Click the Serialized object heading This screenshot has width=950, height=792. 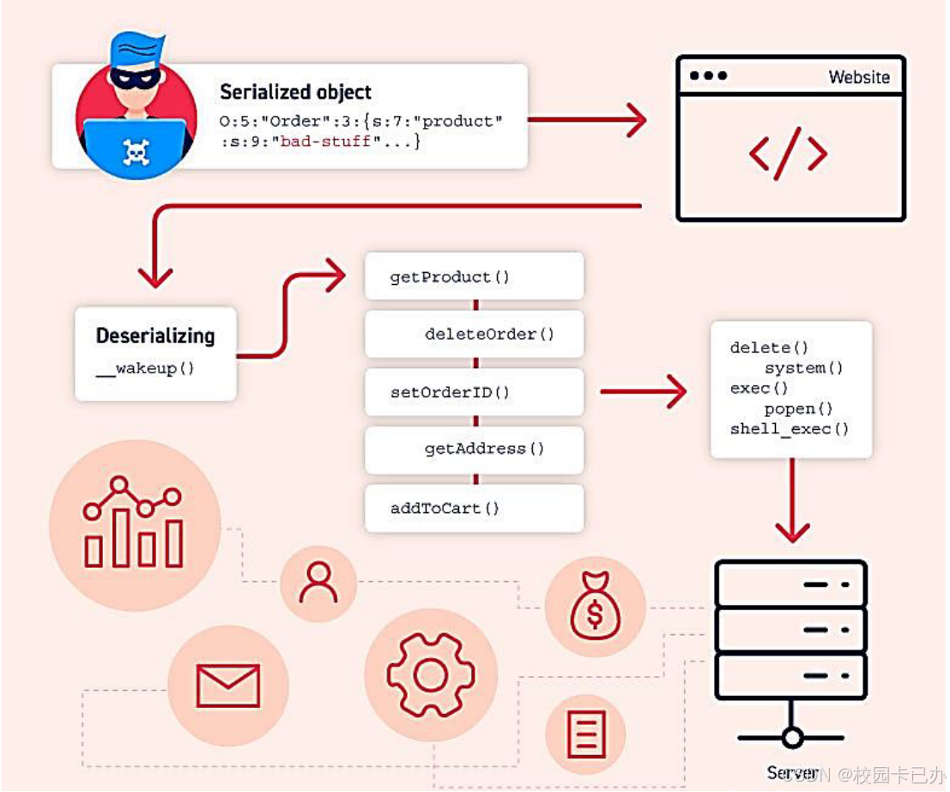point(295,92)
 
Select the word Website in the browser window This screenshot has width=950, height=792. point(859,77)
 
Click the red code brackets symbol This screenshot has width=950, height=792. point(788,153)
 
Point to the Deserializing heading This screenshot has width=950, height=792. point(155,336)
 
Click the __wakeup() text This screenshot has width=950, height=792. point(146,369)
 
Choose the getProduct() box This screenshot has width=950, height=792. point(474,276)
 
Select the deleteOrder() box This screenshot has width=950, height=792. point(474,334)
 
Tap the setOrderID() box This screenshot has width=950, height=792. point(474,393)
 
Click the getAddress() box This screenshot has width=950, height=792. point(474,449)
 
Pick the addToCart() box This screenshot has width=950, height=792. point(474,508)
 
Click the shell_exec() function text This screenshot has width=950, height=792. point(789,429)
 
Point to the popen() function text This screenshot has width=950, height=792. point(798,409)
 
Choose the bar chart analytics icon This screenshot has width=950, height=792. point(133,523)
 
